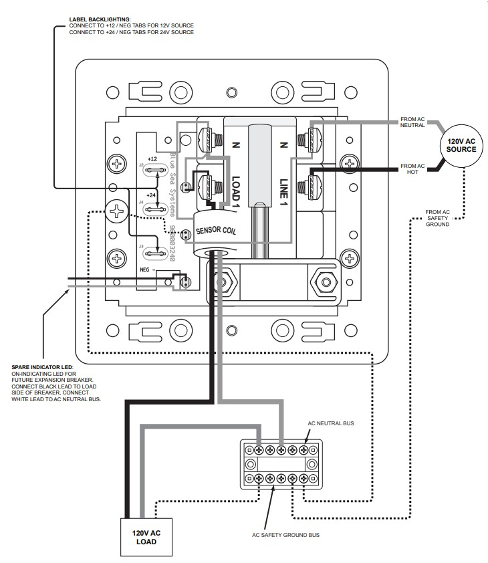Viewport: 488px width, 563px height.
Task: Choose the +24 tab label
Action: pyautogui.click(x=152, y=195)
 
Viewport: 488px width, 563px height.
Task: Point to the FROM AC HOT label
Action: pyautogui.click(x=412, y=168)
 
